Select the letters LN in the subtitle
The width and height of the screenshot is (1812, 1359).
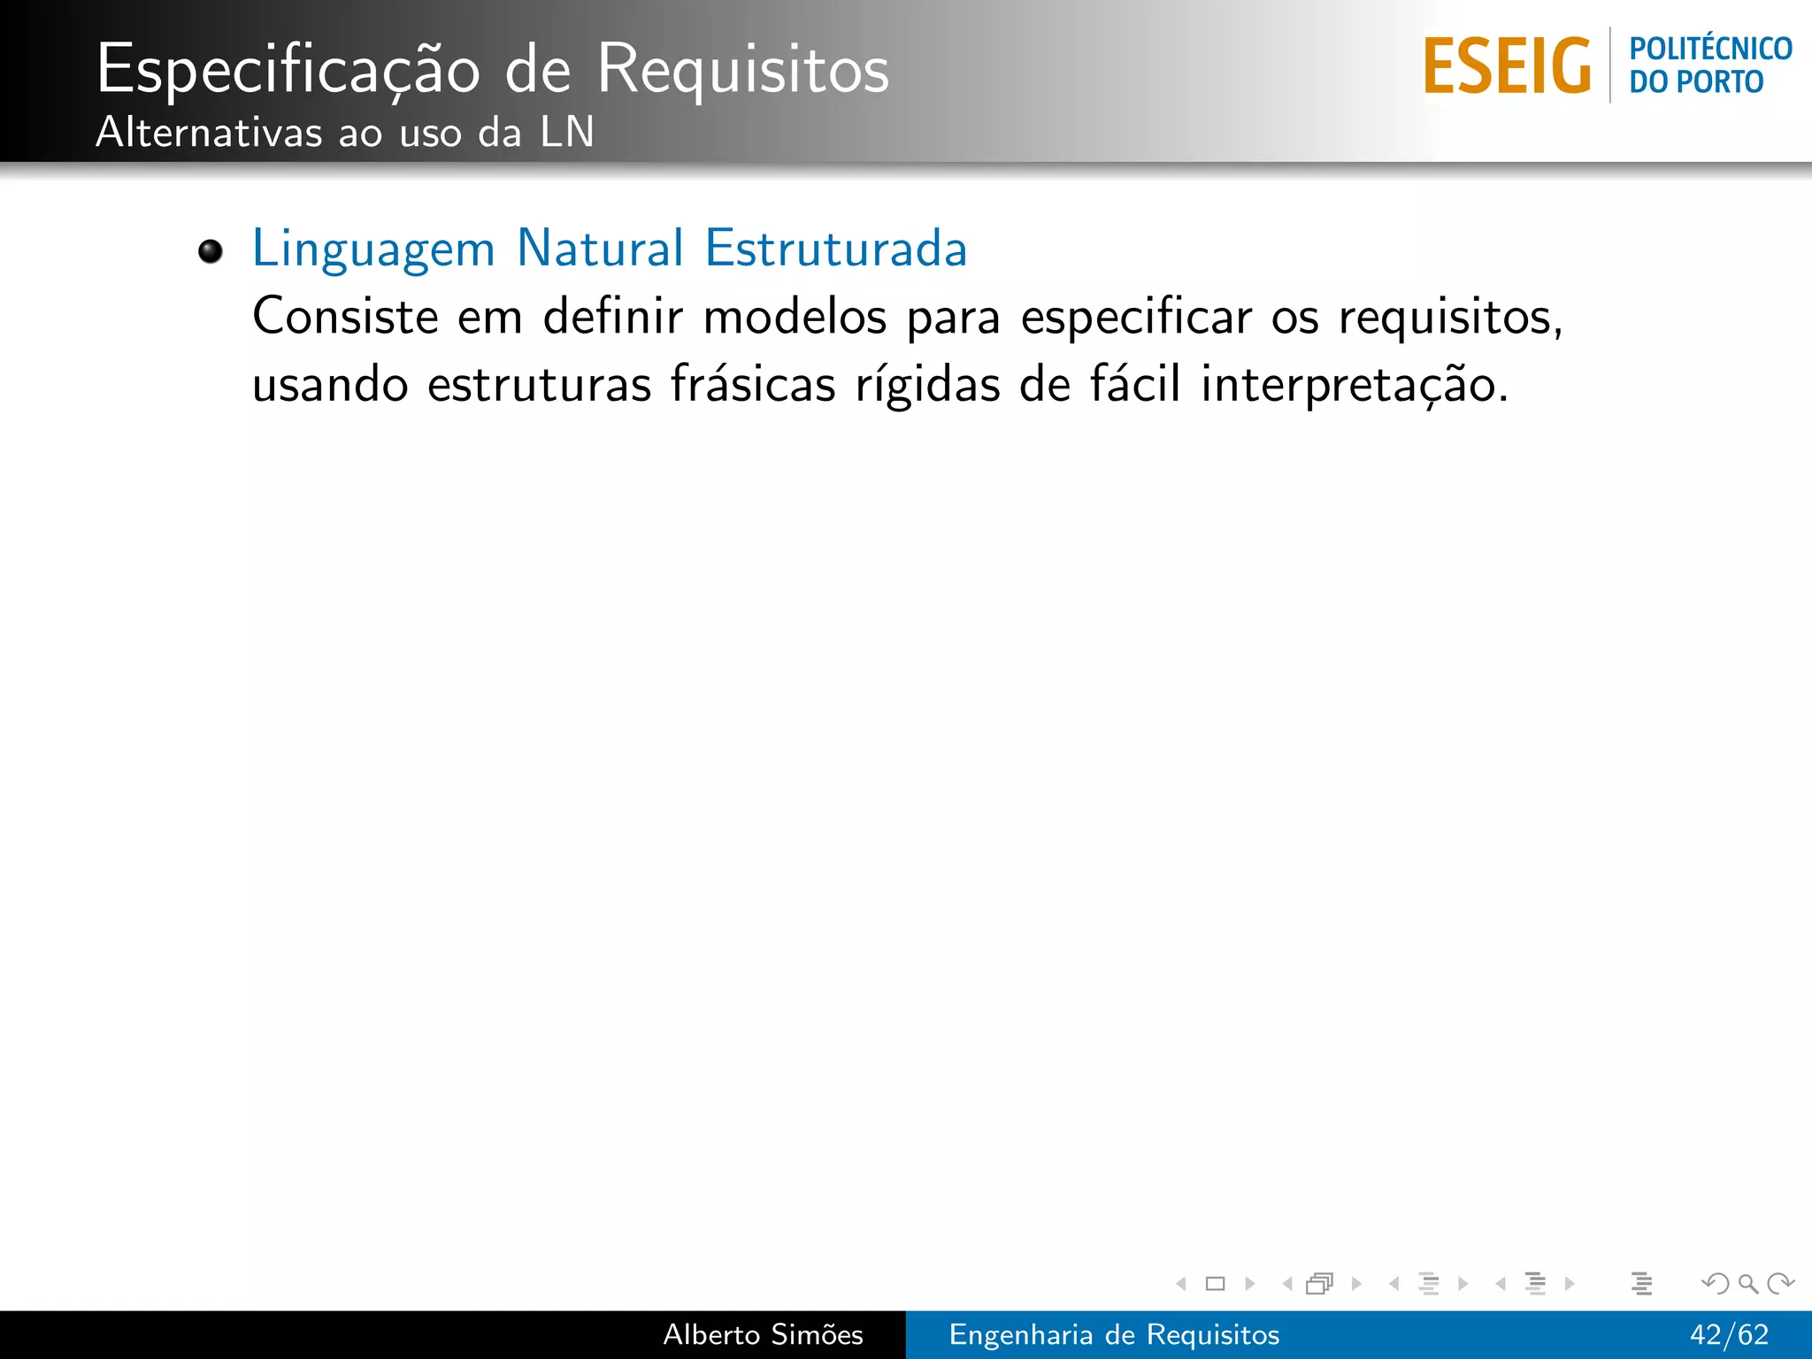click(567, 133)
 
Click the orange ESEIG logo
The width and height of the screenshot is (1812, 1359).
click(1507, 66)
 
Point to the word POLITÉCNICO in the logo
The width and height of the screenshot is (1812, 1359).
click(1710, 49)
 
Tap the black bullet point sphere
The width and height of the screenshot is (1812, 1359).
click(211, 251)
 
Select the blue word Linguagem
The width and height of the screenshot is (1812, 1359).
click(373, 249)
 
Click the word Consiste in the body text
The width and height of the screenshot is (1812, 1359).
click(345, 316)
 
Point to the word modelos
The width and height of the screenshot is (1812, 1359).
click(795, 316)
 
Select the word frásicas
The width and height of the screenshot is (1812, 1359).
click(752, 384)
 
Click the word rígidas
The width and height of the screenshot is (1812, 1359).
click(927, 386)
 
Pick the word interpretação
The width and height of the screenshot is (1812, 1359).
click(1354, 386)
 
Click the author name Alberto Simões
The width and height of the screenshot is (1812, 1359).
click(763, 1334)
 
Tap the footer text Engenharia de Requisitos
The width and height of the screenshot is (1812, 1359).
click(1114, 1334)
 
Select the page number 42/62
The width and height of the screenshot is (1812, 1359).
click(1729, 1334)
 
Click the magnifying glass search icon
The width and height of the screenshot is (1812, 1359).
click(1747, 1283)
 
